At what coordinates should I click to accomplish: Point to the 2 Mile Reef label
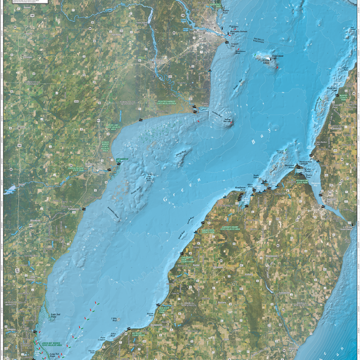[114, 318]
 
